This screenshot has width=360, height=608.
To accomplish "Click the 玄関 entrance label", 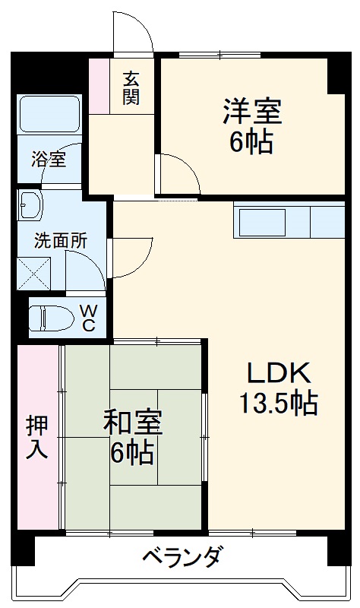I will pyautogui.click(x=132, y=87).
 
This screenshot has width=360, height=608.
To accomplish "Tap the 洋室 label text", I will pyautogui.click(x=252, y=112).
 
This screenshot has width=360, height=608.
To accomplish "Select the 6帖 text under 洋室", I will pyautogui.click(x=252, y=142).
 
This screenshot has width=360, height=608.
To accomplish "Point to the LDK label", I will pyautogui.click(x=278, y=373).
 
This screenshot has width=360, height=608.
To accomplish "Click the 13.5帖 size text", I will pyautogui.click(x=278, y=402).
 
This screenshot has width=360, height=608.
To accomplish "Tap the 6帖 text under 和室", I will pyautogui.click(x=133, y=453).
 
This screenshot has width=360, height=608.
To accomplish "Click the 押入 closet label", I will pyautogui.click(x=36, y=436).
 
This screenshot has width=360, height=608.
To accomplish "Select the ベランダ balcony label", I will pyautogui.click(x=182, y=557).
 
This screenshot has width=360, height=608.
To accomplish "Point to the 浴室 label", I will pyautogui.click(x=49, y=160).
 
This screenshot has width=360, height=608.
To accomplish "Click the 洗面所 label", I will pyautogui.click(x=60, y=240).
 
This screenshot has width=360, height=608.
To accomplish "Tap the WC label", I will pyautogui.click(x=88, y=318).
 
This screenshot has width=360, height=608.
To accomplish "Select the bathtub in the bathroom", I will pyautogui.click(x=50, y=114).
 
